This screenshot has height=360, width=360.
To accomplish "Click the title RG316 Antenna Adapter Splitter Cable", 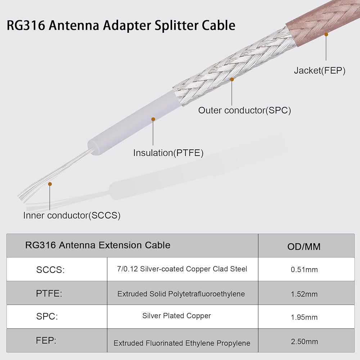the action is point(121,26).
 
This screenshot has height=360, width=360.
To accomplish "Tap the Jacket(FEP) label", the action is point(319,71).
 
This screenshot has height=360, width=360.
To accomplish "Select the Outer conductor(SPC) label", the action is point(244,110).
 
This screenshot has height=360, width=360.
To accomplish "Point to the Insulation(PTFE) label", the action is point(168,153).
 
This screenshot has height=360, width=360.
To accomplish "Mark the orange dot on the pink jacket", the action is point(326,35).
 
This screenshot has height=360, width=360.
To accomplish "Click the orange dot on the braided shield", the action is point(232,79).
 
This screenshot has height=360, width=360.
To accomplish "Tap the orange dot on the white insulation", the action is point(153,119).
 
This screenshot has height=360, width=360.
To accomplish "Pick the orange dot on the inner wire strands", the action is point(50,184).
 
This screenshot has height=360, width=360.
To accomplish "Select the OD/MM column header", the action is point(304,247).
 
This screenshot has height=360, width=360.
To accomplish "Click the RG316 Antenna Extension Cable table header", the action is point(98,245).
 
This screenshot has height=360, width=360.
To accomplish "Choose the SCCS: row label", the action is point(50,270).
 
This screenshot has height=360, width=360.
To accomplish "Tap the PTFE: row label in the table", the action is point(49,293).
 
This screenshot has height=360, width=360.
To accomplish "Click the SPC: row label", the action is point(47,317).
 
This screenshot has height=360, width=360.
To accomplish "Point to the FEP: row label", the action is point(46,341).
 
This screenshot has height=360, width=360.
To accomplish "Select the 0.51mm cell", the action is point(304,270).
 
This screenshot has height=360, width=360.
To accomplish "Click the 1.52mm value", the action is point(304,294).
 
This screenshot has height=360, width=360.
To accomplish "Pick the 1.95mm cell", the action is point(304,317).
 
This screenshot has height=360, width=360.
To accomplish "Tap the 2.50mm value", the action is point(304,341).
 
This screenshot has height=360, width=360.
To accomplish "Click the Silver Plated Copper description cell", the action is point(176,316).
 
